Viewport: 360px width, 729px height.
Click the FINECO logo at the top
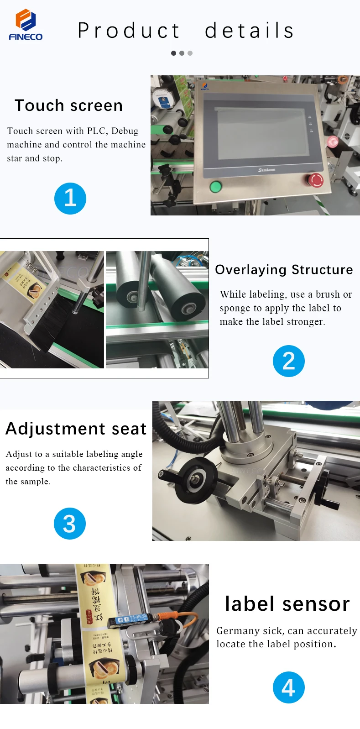pos(26,25)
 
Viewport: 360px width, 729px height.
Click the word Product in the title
pos(129,31)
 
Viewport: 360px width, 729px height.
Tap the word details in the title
pos(249,31)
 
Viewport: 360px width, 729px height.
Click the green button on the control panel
pos(215,186)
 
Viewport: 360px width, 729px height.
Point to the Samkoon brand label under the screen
pos(266,170)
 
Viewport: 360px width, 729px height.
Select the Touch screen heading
pos(68,105)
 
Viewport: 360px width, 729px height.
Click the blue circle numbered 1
pos(70,198)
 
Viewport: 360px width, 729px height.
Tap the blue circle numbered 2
pos(288,361)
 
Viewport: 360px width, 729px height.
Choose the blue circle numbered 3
pos(69,523)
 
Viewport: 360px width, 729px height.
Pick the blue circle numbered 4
pos(288,687)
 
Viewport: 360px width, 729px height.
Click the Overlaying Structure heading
pos(284,270)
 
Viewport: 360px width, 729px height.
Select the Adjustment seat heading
pos(76,429)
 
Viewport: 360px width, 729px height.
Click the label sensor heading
pos(287,604)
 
